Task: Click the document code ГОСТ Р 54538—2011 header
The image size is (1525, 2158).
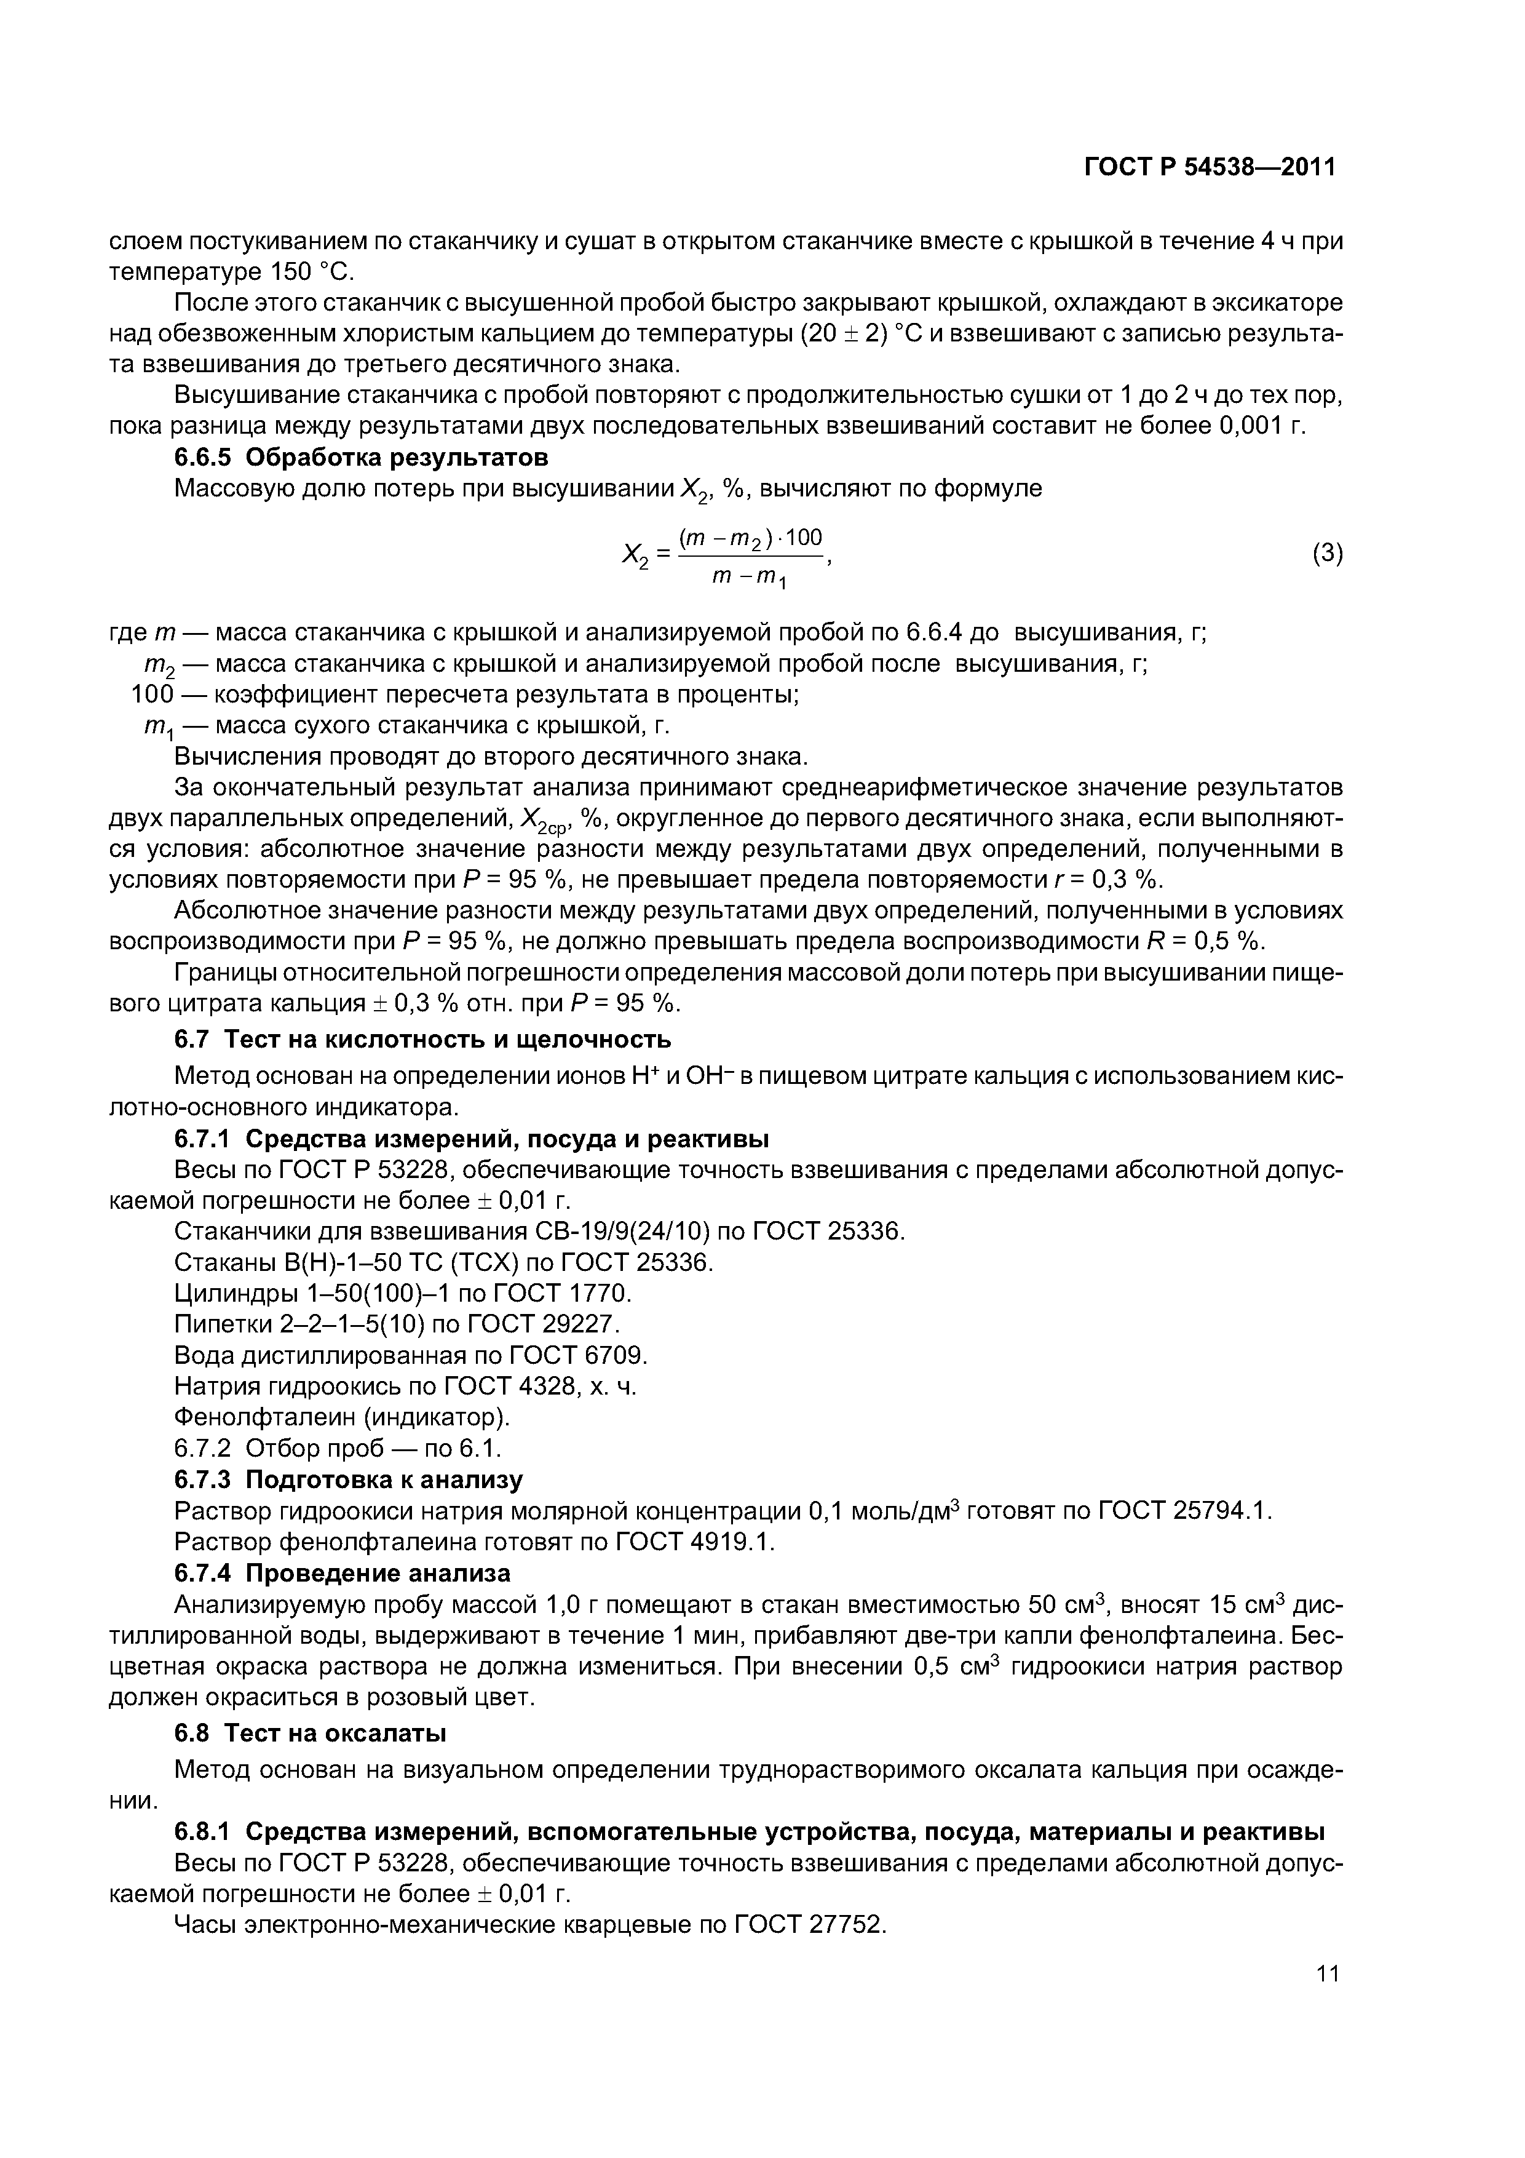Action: pyautogui.click(x=1210, y=167)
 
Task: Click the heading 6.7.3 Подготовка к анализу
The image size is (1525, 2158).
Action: pyautogui.click(x=349, y=1479)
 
